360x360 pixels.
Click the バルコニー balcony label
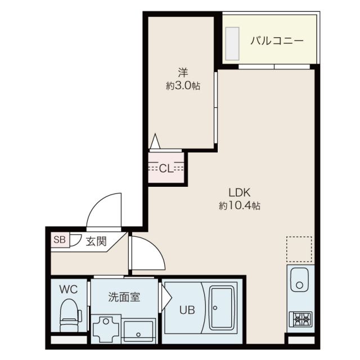tap(277, 40)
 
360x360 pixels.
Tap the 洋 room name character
tap(183, 73)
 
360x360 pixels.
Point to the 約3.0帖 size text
tap(183, 86)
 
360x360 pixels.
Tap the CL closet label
tap(165, 168)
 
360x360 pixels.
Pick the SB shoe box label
tap(59, 240)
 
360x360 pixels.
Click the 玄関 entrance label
tap(96, 241)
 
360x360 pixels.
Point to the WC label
tap(69, 290)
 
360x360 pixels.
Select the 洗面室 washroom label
tap(124, 296)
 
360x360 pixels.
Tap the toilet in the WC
tap(70, 317)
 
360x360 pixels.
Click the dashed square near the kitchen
tap(299, 250)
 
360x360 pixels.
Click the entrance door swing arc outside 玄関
tap(106, 209)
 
